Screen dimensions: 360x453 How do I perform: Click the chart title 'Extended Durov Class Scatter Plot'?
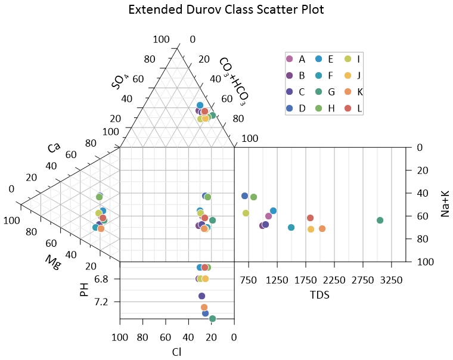point(226,10)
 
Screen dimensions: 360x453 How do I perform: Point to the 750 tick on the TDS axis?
point(249,280)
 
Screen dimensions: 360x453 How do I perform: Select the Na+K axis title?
point(445,204)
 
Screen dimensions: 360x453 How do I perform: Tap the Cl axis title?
point(176,352)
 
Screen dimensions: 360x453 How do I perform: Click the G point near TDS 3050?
point(380,221)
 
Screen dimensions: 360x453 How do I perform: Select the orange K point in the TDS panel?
point(322,229)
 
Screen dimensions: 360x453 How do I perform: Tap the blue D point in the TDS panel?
point(244,196)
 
